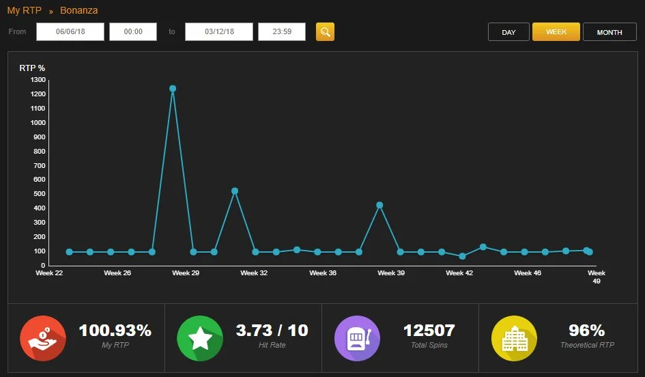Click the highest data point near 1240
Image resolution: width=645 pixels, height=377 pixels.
coord(173,89)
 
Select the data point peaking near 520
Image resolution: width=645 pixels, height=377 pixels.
coord(235,191)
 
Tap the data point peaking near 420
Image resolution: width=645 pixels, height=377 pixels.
coord(379,205)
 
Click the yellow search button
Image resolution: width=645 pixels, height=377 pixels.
coord(325,31)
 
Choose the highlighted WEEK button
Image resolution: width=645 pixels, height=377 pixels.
coord(556,31)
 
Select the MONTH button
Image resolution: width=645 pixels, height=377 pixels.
coord(610,31)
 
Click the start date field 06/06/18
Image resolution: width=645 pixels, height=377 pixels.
coord(70,31)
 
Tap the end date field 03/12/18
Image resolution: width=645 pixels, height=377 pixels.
coord(219,31)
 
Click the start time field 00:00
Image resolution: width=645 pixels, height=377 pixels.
coord(133,31)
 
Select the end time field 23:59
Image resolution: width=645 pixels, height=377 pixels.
coord(282,31)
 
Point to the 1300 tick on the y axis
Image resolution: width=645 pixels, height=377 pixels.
coord(38,80)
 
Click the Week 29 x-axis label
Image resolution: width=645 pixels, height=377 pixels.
coord(186,273)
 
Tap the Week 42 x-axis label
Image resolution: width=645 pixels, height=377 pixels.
coord(459,273)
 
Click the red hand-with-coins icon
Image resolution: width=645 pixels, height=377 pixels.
coord(43,338)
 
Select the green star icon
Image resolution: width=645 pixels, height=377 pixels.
coord(200,338)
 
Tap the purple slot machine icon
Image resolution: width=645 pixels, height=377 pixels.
coord(357,338)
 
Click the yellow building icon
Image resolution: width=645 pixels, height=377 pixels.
coord(514,338)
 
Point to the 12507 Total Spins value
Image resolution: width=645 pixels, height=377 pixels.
coord(429,331)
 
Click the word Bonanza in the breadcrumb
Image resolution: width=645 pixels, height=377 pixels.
coord(79,10)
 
